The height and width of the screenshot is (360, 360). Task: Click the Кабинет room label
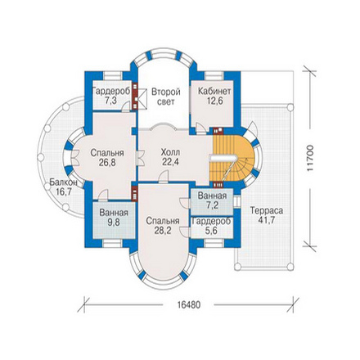214,91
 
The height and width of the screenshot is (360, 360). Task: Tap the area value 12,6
214,101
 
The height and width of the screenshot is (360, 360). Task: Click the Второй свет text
166,97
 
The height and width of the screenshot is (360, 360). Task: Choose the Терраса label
267,210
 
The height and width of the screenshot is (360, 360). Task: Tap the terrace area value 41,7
267,220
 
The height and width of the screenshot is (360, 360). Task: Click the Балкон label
63,182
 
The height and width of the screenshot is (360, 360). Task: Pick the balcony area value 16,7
64,191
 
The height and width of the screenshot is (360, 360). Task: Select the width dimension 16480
189,304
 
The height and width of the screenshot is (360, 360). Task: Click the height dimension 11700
310,159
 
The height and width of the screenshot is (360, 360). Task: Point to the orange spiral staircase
232,158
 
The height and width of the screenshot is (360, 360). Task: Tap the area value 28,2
163,231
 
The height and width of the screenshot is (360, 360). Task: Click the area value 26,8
107,163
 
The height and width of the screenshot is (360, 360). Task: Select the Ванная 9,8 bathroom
114,220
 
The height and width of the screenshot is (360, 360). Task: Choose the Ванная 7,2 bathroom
212,201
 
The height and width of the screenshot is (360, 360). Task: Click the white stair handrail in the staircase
223,158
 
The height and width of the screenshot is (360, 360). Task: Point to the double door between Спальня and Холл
140,158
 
